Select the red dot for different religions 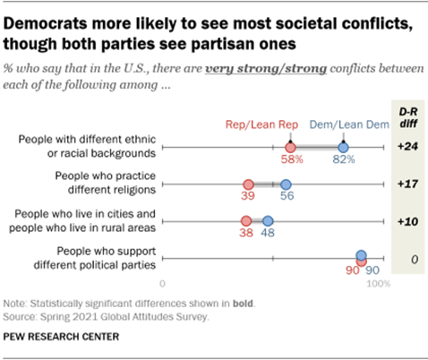(248, 184)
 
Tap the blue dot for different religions (286, 184)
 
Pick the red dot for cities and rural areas (246, 221)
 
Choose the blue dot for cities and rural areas (268, 221)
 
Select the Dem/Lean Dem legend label (357, 126)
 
